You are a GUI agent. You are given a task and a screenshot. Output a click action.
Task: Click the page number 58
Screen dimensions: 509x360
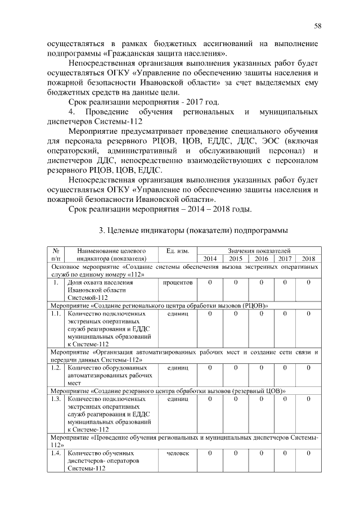point(317,26)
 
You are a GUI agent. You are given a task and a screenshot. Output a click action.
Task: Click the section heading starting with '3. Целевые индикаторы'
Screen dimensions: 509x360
point(193,231)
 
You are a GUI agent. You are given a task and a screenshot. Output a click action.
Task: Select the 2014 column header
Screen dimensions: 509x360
point(210,258)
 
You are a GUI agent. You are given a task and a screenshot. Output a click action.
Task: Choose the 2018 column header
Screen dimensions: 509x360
point(309,258)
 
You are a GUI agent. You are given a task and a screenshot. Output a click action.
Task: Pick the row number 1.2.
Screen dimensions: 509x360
point(55,367)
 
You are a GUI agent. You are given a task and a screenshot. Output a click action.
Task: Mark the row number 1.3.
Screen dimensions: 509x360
point(55,398)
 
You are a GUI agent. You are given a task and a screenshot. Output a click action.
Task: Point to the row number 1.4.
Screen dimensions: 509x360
point(55,453)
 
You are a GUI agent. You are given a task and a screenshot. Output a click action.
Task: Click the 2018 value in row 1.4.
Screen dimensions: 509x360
point(309,453)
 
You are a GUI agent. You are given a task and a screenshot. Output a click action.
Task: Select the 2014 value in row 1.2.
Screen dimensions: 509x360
point(210,367)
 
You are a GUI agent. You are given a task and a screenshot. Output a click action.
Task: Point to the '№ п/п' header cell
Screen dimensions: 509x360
point(56,254)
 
